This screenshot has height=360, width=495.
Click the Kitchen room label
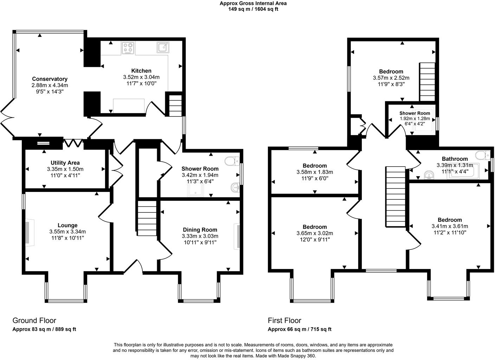click(x=141, y=71)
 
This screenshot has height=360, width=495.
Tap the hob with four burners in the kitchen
click(x=128, y=48)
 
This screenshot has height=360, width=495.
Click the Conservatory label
click(x=50, y=79)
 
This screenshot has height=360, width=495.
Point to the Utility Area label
click(x=65, y=163)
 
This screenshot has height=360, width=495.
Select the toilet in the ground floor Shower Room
click(x=232, y=161)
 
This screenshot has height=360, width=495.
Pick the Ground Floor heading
click(x=34, y=320)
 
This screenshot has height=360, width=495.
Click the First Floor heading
click(x=284, y=320)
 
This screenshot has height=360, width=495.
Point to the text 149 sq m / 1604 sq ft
click(x=253, y=9)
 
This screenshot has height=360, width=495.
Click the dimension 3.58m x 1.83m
click(x=315, y=172)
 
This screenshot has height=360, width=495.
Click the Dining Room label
click(x=200, y=230)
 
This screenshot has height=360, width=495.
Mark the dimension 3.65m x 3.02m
click(x=315, y=233)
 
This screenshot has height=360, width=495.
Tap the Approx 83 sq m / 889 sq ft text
click(x=44, y=329)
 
